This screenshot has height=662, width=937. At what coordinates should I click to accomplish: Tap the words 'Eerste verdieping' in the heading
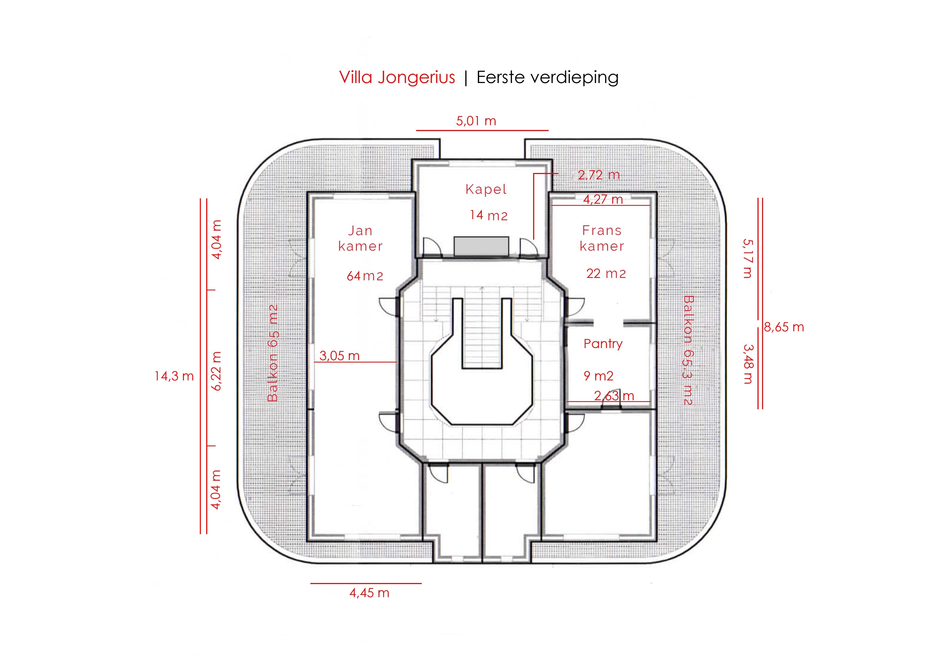tap(547, 77)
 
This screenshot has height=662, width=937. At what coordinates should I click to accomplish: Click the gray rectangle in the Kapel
tap(481, 246)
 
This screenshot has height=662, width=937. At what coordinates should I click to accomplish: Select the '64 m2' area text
tap(365, 276)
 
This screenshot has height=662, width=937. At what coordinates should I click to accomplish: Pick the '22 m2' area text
tap(606, 273)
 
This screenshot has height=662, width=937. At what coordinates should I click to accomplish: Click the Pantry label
tap(603, 344)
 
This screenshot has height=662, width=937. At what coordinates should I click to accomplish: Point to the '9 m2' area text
tap(598, 376)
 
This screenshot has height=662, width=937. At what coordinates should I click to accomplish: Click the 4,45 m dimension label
tap(369, 593)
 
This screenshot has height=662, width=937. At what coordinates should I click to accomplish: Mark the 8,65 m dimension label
tap(784, 327)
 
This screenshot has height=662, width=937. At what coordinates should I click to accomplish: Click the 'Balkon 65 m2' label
tap(273, 353)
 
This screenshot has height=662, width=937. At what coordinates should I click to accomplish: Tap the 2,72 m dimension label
tap(598, 175)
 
